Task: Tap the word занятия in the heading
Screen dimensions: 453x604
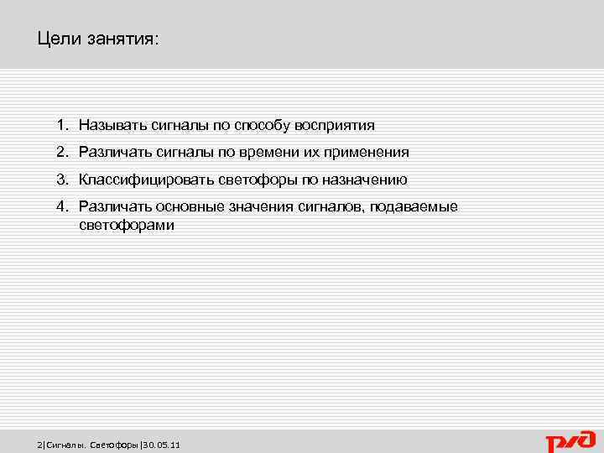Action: (119, 40)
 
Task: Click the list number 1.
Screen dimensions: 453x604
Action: (61, 126)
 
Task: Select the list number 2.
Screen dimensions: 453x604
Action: (61, 153)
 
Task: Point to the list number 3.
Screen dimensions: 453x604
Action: (61, 180)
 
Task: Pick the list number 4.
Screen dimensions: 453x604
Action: (61, 206)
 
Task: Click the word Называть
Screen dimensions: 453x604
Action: (113, 126)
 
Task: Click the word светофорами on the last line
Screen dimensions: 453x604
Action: (127, 226)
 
